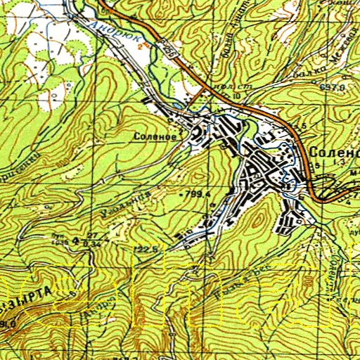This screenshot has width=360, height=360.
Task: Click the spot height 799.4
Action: pos(198,191)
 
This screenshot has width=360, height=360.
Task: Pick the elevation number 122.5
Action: pos(143,250)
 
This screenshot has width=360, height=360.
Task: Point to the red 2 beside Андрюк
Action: pos(139,46)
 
